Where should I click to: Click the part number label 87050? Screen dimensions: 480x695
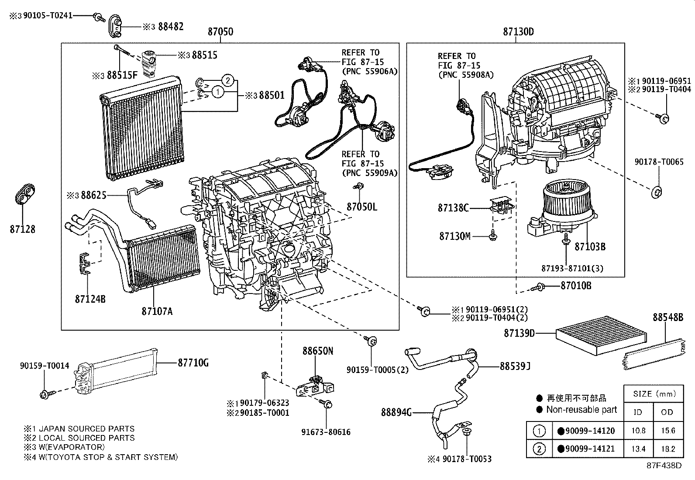(220, 32)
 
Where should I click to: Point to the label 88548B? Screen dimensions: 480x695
(667, 318)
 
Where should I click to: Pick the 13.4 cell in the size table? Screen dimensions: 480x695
(638, 449)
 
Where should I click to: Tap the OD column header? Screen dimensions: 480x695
(667, 412)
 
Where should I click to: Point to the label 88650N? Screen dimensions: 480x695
(318, 351)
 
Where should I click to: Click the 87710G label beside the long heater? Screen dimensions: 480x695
(193, 363)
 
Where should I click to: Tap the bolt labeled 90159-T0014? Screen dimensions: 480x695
(45, 395)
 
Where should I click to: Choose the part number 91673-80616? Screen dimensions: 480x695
(326, 432)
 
